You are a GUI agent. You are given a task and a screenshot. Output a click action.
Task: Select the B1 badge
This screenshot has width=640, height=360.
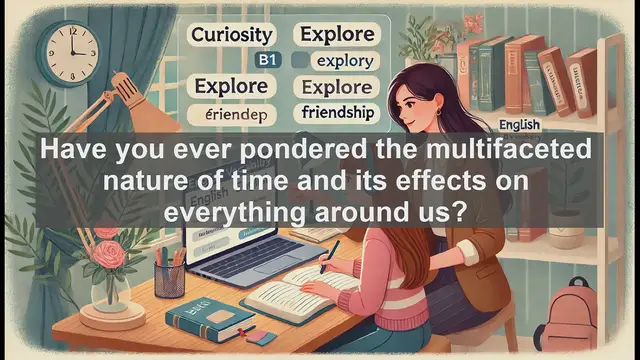[x=265, y=60]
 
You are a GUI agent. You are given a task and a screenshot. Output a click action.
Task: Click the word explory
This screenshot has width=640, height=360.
[x=342, y=61]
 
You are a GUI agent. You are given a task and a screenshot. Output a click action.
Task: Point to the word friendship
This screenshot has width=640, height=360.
[x=337, y=113]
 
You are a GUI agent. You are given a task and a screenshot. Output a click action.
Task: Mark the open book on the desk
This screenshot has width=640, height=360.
[x=300, y=295]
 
